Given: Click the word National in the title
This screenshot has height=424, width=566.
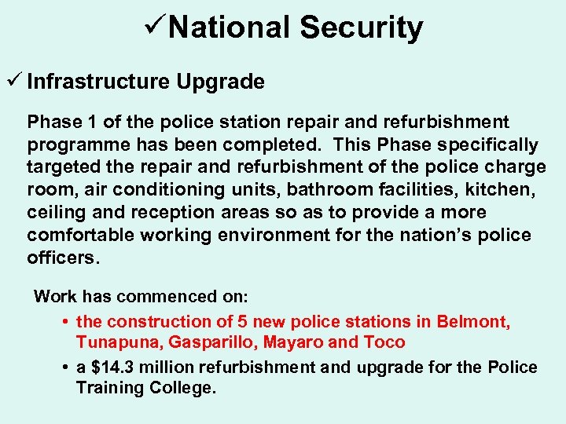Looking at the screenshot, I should click(229, 28).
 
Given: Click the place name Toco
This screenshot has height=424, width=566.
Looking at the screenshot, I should click(384, 342).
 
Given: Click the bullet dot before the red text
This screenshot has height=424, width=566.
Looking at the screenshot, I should click(65, 321).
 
